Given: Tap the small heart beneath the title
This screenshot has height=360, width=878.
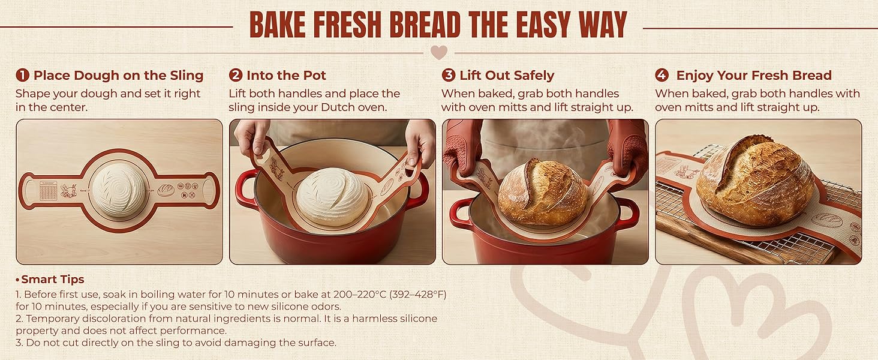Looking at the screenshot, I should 439,52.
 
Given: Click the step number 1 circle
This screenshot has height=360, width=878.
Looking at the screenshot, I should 23,76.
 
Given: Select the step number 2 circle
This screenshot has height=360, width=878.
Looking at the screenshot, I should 236,76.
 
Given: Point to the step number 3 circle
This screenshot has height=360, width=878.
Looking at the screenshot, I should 449,76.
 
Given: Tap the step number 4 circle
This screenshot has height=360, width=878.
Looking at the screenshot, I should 662,76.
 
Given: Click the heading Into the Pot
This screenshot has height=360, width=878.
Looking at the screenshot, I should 286,76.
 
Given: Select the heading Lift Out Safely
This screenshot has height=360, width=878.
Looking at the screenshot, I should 507,76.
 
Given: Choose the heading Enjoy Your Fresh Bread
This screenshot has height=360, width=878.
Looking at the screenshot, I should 753,76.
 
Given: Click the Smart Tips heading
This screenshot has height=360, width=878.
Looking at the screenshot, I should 53,280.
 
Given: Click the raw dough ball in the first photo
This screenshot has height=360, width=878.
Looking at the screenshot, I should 118,191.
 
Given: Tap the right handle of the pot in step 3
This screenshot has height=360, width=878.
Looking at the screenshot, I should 627,214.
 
